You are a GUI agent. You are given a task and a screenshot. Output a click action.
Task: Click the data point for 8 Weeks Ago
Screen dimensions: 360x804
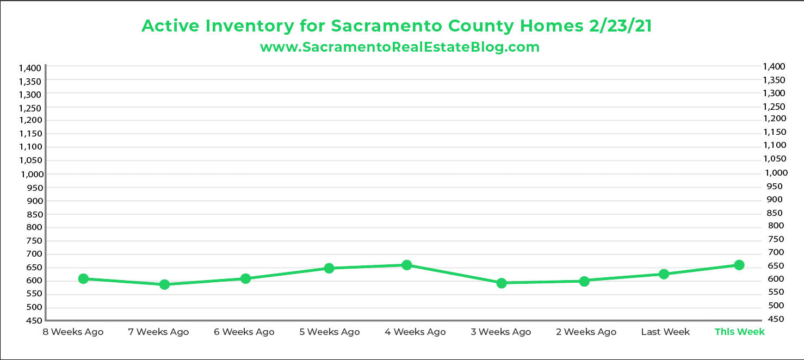click(83, 278)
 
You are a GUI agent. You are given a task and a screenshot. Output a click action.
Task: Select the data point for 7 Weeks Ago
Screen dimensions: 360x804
click(164, 284)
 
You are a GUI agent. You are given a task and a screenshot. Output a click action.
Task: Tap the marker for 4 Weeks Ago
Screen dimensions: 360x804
click(406, 265)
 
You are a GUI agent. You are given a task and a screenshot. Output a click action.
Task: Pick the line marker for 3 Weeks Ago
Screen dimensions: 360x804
click(502, 283)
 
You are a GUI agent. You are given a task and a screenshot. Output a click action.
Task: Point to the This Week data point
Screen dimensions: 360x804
click(739, 265)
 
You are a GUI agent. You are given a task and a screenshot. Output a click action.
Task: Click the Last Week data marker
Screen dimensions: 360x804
click(664, 274)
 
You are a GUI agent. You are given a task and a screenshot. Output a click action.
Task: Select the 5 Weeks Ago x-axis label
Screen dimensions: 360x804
click(330, 332)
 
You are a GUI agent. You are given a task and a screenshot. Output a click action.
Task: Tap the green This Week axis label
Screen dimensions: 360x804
click(739, 332)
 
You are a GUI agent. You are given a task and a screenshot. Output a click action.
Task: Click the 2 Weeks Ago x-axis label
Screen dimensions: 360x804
click(586, 332)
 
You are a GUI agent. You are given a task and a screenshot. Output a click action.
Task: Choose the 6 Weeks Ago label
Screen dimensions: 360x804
click(244, 332)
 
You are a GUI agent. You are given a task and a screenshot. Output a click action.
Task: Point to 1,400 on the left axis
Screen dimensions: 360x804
click(30, 68)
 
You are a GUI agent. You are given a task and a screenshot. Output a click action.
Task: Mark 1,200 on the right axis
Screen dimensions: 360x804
click(774, 119)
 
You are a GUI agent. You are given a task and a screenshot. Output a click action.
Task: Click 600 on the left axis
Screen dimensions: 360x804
click(34, 281)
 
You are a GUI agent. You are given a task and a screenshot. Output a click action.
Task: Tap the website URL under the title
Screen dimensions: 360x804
click(400, 47)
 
